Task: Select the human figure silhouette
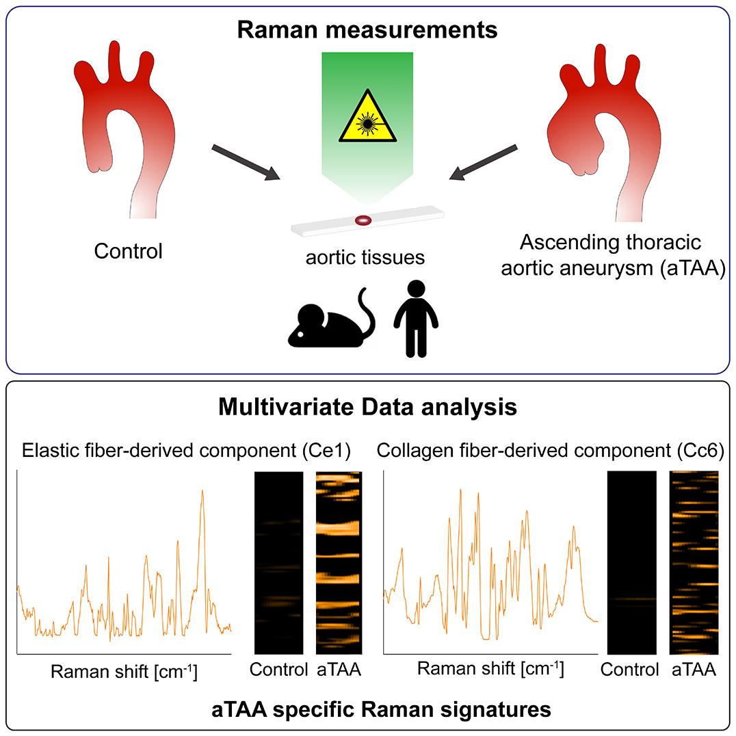[415, 318]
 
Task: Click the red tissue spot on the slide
[363, 220]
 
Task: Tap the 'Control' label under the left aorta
[129, 251]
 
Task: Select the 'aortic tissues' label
[366, 257]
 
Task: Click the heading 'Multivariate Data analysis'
[367, 408]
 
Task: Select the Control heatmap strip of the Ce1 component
[278, 562]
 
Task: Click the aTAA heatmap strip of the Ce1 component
[338, 562]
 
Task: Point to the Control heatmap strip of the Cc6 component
[631, 562]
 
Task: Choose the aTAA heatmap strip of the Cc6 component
[694, 562]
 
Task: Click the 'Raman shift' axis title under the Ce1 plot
[124, 672]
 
